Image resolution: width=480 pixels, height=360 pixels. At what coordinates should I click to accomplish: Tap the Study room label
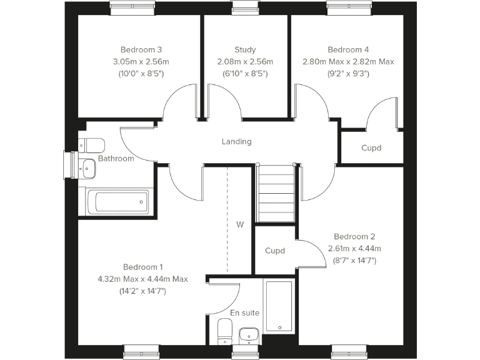245,50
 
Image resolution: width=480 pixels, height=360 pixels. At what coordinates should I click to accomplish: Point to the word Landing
236,142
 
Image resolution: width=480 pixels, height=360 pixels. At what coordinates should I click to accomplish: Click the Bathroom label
116,159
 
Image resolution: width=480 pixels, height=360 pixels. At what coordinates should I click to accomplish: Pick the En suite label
244,312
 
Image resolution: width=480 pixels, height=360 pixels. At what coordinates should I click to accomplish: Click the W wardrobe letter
239,224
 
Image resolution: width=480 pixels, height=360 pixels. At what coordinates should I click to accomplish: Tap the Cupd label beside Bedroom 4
371,148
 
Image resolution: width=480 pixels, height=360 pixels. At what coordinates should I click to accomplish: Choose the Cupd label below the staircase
275,251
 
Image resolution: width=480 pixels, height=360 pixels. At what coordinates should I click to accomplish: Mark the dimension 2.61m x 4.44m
354,248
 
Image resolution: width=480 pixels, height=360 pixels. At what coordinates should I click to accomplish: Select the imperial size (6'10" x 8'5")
245,73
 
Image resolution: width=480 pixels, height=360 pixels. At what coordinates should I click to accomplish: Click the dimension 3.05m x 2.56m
141,62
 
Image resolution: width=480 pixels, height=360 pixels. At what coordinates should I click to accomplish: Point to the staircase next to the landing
276,194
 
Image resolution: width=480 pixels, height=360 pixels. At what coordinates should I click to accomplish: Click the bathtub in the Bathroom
117,202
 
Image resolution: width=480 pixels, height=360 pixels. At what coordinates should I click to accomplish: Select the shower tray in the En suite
279,306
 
